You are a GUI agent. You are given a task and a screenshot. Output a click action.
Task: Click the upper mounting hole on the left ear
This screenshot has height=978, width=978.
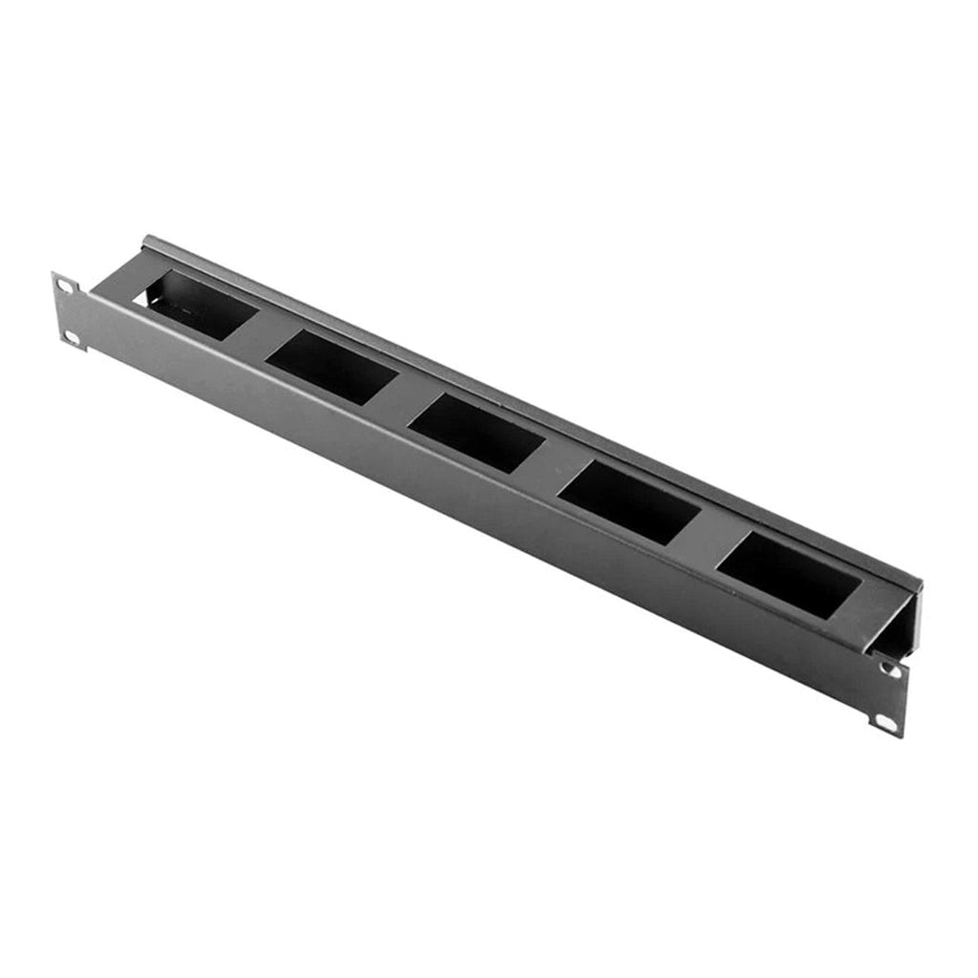click(64, 286)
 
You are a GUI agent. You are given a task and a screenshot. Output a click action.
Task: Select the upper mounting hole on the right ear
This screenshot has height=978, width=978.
click(891, 670)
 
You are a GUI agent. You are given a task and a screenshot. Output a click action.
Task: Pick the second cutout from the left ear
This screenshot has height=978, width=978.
click(330, 367)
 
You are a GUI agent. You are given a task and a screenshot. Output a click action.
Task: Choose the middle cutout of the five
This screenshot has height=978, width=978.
click(477, 433)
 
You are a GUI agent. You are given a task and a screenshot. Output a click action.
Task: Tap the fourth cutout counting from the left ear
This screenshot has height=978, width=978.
click(629, 502)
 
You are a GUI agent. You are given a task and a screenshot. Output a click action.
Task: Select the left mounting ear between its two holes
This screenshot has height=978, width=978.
click(68, 310)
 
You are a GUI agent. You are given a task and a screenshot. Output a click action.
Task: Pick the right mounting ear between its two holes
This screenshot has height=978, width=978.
click(888, 696)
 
